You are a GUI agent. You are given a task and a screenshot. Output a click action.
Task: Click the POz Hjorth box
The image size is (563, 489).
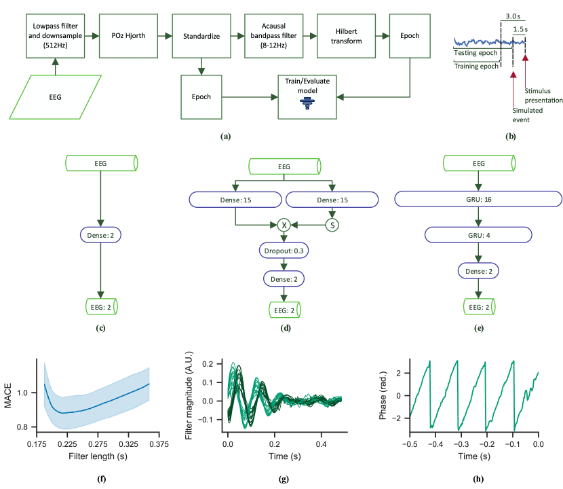coord(128,36)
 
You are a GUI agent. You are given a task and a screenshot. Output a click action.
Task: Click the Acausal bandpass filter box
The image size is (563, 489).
coord(268,36)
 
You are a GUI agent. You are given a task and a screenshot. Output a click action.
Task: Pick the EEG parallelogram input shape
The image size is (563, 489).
coord(55,96)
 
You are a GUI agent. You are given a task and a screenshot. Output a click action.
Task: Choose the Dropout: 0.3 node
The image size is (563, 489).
coord(286,251)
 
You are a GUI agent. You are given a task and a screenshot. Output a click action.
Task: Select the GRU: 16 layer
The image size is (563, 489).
coord(478,199)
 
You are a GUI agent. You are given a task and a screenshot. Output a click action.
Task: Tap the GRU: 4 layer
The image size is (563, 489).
coord(478,235)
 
